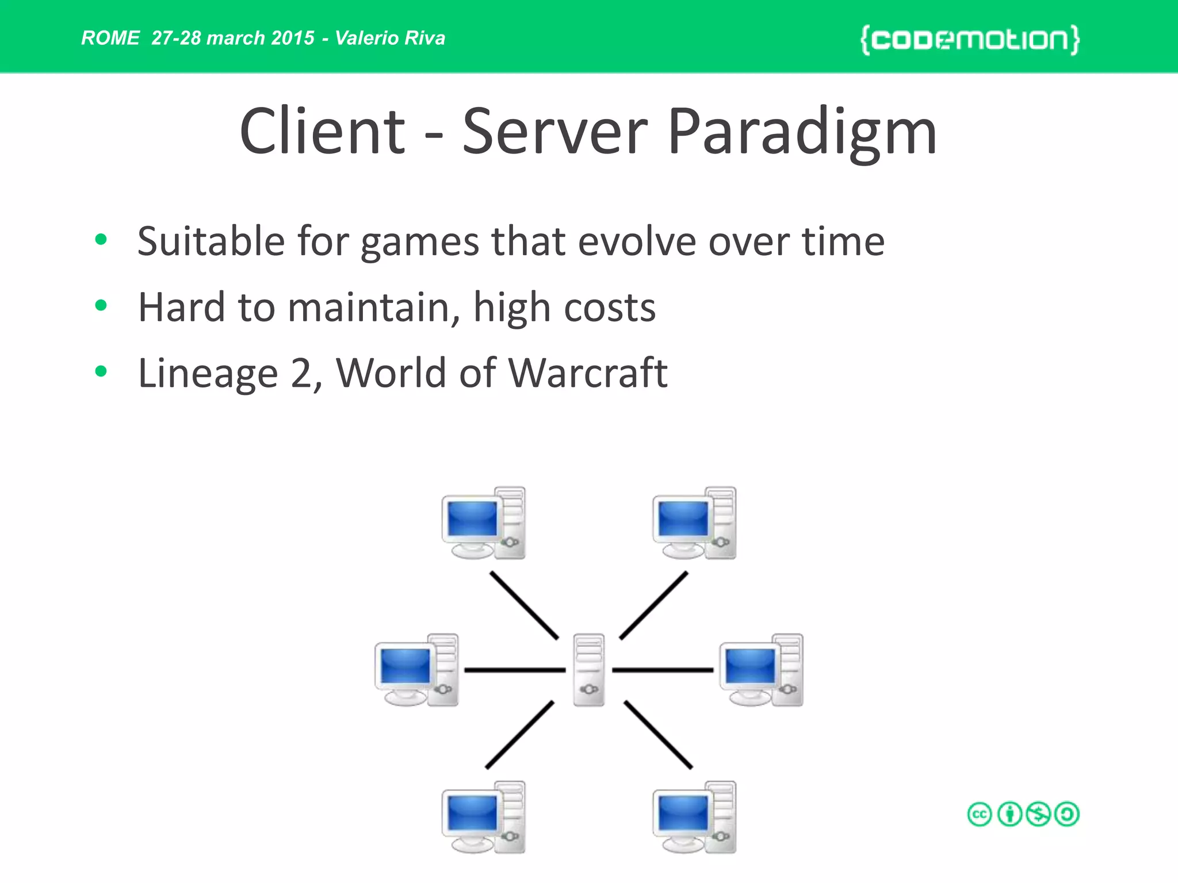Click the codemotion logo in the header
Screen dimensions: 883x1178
click(970, 40)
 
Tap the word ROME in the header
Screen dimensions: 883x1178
click(110, 38)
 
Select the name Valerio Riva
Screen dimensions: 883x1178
click(390, 38)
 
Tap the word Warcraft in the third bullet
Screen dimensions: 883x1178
click(588, 373)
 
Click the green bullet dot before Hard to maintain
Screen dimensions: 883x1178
click(101, 305)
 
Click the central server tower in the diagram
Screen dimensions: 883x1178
click(589, 670)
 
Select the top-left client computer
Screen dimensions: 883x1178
click(483, 523)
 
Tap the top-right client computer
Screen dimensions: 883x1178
click(694, 523)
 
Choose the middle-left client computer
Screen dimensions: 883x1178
click(416, 670)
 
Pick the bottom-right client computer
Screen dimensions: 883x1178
click(694, 817)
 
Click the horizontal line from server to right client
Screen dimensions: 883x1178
click(663, 670)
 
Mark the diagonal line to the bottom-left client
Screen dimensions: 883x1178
click(519, 735)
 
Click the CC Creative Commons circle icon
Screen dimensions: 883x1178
click(980, 815)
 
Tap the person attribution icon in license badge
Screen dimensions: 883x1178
click(1009, 815)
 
